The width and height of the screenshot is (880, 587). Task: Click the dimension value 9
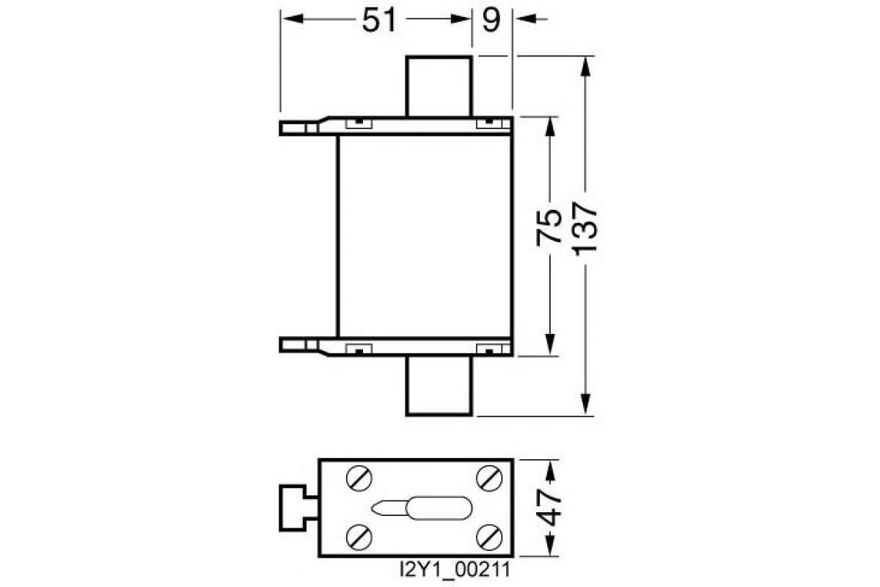pos(491,21)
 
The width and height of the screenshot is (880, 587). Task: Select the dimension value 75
pos(549,227)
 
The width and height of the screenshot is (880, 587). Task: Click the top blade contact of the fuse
pos(439,85)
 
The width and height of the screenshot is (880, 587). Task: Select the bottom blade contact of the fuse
pos(439,387)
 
